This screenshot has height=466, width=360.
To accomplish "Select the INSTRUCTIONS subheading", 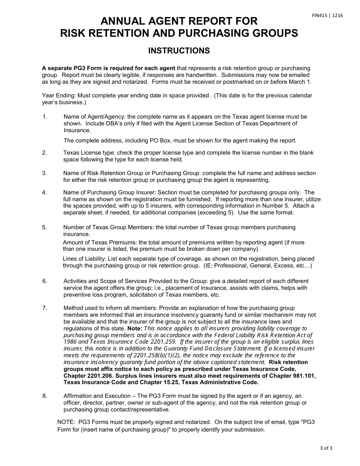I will tap(179, 51).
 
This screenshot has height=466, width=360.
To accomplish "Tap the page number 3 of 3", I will tap(326, 449).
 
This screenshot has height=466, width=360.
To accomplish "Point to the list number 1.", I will tap(45, 117).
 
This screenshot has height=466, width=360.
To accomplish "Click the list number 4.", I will tap(45, 192).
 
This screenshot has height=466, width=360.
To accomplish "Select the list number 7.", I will tap(45, 308).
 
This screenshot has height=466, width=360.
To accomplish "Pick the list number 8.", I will tap(45, 396).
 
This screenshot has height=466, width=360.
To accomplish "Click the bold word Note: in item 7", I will tap(135, 328).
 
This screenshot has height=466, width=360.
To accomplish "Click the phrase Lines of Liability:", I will tap(85, 259).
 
